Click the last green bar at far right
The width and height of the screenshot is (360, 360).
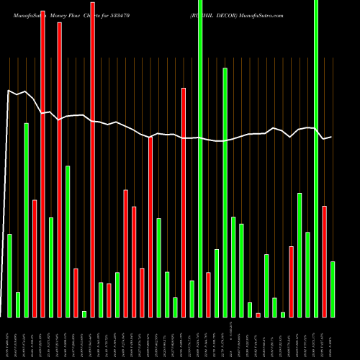tap(333, 289)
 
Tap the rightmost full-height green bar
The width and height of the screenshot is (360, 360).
tap(316, 158)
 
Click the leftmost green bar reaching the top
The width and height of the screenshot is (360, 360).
tap(200, 158)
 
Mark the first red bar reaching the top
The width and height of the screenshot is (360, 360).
tap(42, 158)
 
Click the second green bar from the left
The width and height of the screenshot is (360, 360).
tap(18, 305)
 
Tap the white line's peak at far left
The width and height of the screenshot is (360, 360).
tap(9, 91)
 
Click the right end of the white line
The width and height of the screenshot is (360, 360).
tap(332, 137)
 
